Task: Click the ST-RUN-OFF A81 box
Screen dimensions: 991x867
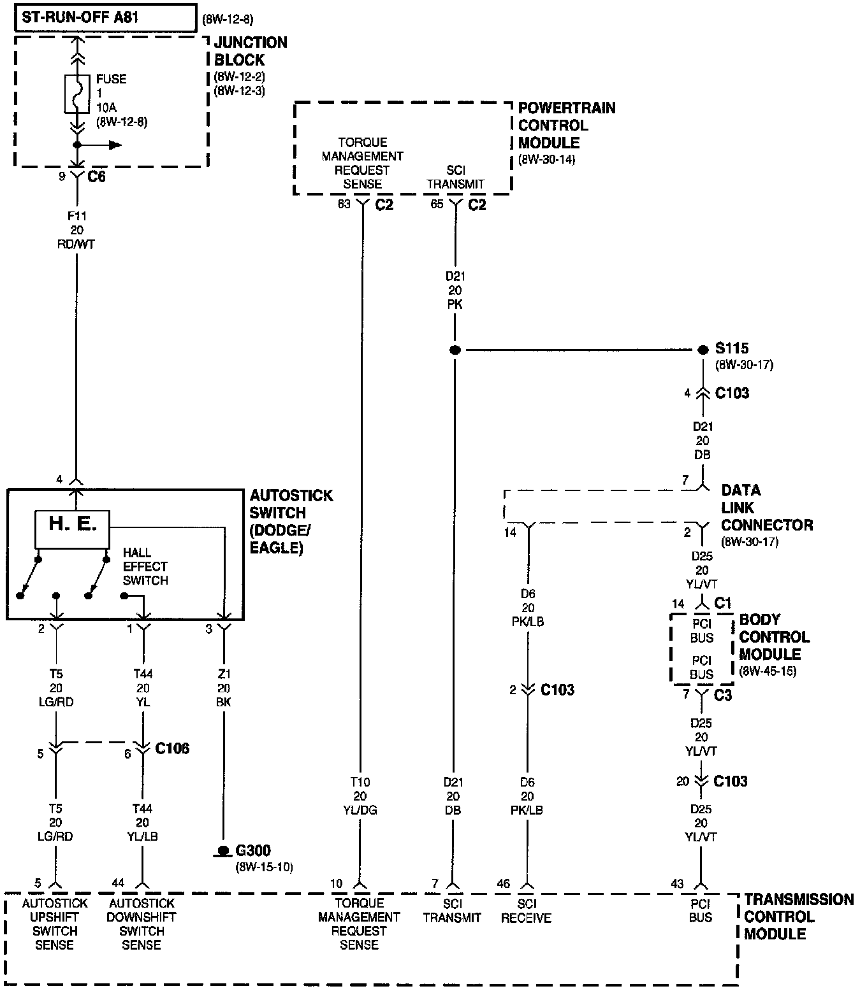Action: (105, 17)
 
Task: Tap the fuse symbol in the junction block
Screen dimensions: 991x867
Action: (77, 94)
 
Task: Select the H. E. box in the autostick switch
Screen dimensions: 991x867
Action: (73, 529)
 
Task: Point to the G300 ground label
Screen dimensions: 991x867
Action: (252, 850)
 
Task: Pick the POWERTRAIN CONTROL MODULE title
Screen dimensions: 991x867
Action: (566, 125)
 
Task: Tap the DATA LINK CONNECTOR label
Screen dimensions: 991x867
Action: (766, 508)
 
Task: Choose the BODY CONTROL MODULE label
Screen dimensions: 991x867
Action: (774, 637)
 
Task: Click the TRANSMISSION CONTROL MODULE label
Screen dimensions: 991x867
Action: (798, 917)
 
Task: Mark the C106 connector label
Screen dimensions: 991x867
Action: (172, 748)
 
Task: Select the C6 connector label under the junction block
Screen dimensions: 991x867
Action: (96, 177)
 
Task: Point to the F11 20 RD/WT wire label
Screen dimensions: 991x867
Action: (77, 231)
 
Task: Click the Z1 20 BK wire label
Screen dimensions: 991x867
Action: (224, 688)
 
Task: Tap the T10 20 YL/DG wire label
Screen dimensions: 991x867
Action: (360, 796)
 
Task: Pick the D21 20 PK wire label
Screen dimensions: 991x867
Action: (455, 290)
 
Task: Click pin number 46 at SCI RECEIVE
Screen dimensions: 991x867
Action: (504, 884)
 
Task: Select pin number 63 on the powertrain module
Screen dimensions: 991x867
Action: (344, 205)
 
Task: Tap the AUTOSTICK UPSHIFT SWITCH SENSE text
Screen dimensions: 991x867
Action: (55, 924)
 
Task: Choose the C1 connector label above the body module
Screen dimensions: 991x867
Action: (722, 603)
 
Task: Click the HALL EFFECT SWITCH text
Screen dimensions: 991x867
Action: (145, 567)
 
